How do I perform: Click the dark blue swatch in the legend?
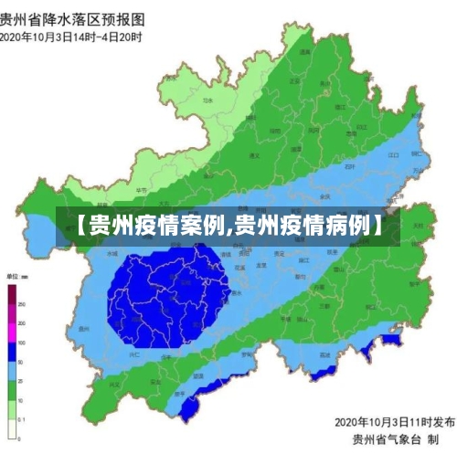(12, 352)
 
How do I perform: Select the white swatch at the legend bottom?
(12, 429)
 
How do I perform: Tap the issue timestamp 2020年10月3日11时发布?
(394, 422)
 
